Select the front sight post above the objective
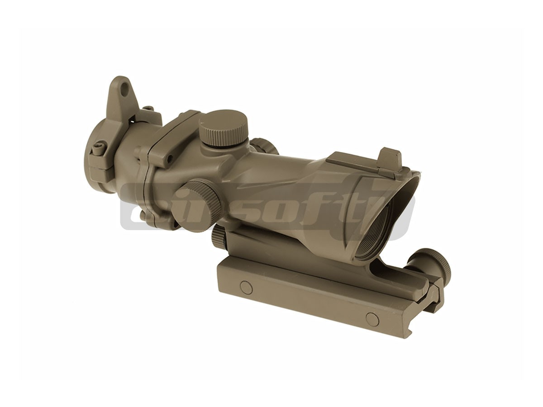[391, 157]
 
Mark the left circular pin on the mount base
[246, 287]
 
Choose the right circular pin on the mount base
[372, 319]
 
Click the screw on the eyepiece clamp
[99, 148]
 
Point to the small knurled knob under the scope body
[219, 236]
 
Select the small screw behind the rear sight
[148, 109]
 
